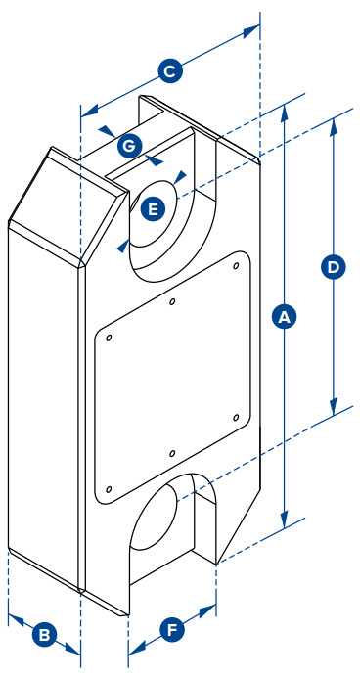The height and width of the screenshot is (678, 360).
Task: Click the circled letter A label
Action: [284, 317]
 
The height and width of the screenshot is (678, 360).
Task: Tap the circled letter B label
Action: [44, 635]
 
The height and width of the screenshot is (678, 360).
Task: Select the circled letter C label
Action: [170, 71]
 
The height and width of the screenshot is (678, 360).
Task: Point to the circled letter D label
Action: [334, 267]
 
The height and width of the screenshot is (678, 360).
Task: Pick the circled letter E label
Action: [153, 209]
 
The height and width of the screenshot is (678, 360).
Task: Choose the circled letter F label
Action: [172, 630]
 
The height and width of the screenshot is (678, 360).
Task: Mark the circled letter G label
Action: [129, 147]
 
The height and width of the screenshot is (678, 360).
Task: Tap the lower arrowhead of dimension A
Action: [284, 520]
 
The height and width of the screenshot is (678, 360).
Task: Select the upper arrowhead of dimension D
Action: [334, 126]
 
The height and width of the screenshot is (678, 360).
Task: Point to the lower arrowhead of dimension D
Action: [334, 407]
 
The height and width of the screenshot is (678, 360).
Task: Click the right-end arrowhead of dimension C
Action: [251, 30]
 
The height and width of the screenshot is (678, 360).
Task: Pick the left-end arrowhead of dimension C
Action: [89, 112]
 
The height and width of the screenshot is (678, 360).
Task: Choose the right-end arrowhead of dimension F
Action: [208, 610]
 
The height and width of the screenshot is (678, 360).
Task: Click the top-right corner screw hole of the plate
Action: [236, 265]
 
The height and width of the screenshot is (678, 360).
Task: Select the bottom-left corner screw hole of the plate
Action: [109, 489]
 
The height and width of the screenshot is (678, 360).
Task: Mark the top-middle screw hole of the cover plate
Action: [172, 301]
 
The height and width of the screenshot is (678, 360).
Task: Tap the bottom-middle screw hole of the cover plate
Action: [172, 453]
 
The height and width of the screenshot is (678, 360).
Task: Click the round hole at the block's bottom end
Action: [154, 516]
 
